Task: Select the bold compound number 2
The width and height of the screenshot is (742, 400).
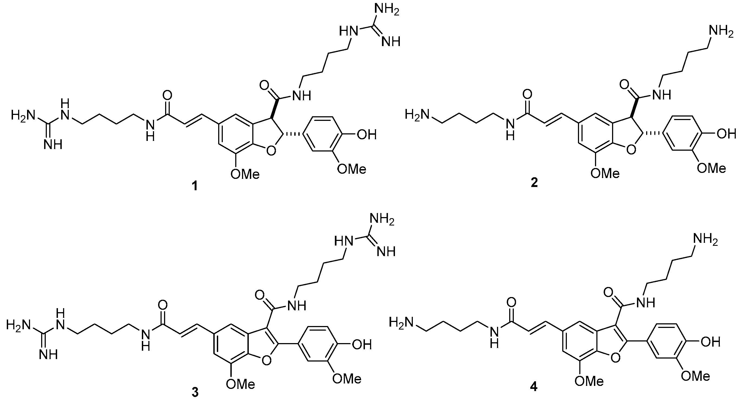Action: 534,183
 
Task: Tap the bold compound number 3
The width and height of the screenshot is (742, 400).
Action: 195,393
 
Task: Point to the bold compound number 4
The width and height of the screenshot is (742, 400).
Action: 534,386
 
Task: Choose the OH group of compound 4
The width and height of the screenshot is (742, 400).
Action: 711,342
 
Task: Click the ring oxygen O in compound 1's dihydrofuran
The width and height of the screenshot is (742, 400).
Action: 270,150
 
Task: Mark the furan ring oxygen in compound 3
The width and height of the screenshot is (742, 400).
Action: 266,360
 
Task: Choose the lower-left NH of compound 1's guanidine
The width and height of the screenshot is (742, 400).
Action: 53,144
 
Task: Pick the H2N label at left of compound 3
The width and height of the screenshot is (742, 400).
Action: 18,325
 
